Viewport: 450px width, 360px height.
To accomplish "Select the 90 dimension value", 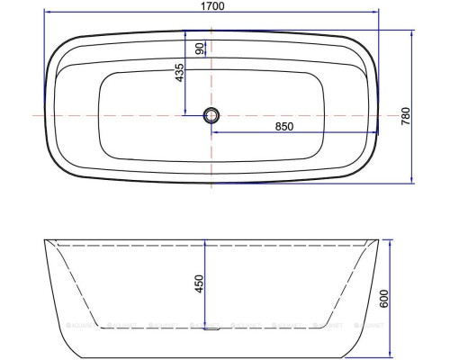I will pos(199,48).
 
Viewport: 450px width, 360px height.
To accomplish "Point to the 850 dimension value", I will pos(284,127).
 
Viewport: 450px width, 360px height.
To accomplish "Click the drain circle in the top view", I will pos(211,115).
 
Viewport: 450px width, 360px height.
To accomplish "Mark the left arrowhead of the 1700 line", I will pos(46,13).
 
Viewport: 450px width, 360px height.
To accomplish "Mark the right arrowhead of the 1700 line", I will pos(376,13).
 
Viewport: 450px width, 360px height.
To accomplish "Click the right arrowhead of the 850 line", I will pos(376,134).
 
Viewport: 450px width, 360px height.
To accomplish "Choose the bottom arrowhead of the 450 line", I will pos(206,326).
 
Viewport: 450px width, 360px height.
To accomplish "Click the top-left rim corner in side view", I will pos(45,240).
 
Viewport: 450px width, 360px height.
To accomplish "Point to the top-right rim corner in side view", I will pos(377,240).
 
